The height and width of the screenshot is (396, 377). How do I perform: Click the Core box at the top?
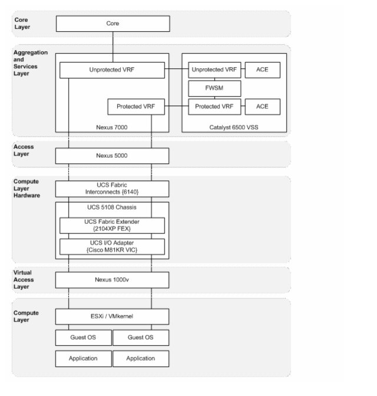click(113, 24)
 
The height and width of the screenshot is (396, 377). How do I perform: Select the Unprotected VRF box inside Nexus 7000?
click(112, 70)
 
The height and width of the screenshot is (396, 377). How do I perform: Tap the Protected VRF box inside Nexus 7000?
click(136, 107)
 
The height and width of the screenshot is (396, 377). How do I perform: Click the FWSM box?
click(214, 88)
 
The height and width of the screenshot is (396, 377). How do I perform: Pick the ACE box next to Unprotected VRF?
click(263, 70)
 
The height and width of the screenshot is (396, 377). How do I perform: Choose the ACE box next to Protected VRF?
click(263, 107)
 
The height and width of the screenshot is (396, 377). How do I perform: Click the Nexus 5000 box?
click(112, 156)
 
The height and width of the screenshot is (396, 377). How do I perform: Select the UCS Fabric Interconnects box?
click(112, 189)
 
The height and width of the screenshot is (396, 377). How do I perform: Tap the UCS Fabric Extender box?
click(112, 226)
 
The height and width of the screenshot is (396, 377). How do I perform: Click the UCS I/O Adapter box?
click(112, 246)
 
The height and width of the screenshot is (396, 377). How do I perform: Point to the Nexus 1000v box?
click(112, 280)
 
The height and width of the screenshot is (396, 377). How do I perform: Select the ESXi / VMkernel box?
click(112, 316)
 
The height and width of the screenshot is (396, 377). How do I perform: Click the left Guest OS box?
click(83, 338)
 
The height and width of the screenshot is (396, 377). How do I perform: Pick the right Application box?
click(141, 359)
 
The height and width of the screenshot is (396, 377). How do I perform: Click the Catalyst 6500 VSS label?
click(234, 127)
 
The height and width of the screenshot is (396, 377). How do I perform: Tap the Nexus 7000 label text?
click(111, 127)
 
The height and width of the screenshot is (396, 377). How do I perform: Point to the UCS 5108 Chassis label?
click(112, 207)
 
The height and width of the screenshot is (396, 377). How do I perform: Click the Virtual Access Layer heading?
click(24, 279)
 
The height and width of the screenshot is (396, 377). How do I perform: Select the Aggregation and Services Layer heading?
click(31, 63)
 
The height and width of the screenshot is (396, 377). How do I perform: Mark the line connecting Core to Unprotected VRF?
click(113, 47)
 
